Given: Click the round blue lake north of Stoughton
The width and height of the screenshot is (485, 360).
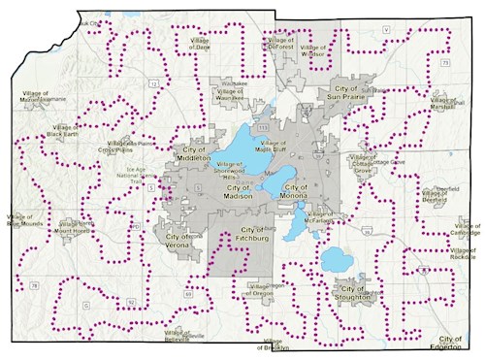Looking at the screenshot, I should pos(336,260).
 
